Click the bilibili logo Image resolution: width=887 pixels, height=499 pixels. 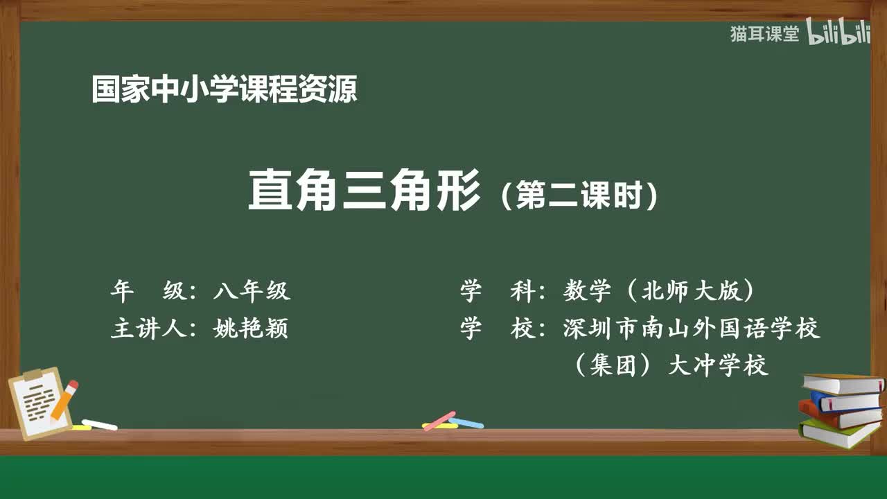[x=838, y=33]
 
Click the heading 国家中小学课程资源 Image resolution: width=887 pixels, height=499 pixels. [x=225, y=90]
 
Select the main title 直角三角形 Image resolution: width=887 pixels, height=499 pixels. [x=365, y=191]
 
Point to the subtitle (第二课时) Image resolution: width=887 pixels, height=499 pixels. [x=578, y=196]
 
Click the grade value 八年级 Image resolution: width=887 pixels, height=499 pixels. [x=252, y=292]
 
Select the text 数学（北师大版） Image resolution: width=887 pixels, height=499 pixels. [x=658, y=292]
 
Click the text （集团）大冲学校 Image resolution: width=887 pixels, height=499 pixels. [x=671, y=365]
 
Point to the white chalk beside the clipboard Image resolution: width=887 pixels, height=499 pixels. [x=99, y=424]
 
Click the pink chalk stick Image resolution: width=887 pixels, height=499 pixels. [x=439, y=421]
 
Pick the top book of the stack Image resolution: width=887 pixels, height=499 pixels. [x=842, y=383]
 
